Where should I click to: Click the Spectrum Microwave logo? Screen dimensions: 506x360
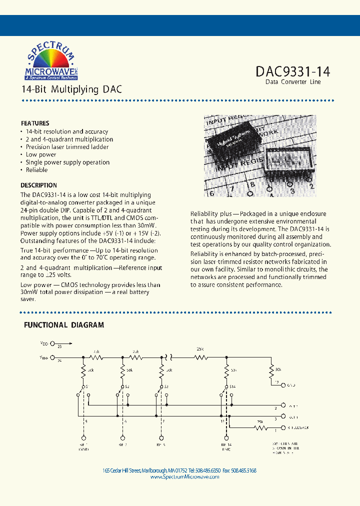pyautogui.click(x=48, y=61)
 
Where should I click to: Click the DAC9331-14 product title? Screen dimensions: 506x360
pyautogui.click(x=292, y=71)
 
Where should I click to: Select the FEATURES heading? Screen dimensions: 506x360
pyautogui.click(x=35, y=123)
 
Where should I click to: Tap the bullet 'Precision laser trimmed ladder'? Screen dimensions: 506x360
pyautogui.click(x=67, y=147)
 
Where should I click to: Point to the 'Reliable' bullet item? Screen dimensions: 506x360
pyautogui.click(x=36, y=170)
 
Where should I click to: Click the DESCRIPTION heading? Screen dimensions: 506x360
pyautogui.click(x=38, y=185)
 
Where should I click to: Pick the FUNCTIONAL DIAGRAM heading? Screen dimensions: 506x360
pyautogui.click(x=64, y=325)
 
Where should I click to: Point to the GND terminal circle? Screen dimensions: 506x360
pyautogui.click(x=283, y=385)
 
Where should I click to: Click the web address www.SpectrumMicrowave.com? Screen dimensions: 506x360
pyautogui.click(x=184, y=477)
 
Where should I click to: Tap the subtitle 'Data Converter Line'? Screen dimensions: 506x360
pyautogui.click(x=293, y=82)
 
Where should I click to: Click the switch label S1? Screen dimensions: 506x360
pyautogui.click(x=86, y=387)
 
